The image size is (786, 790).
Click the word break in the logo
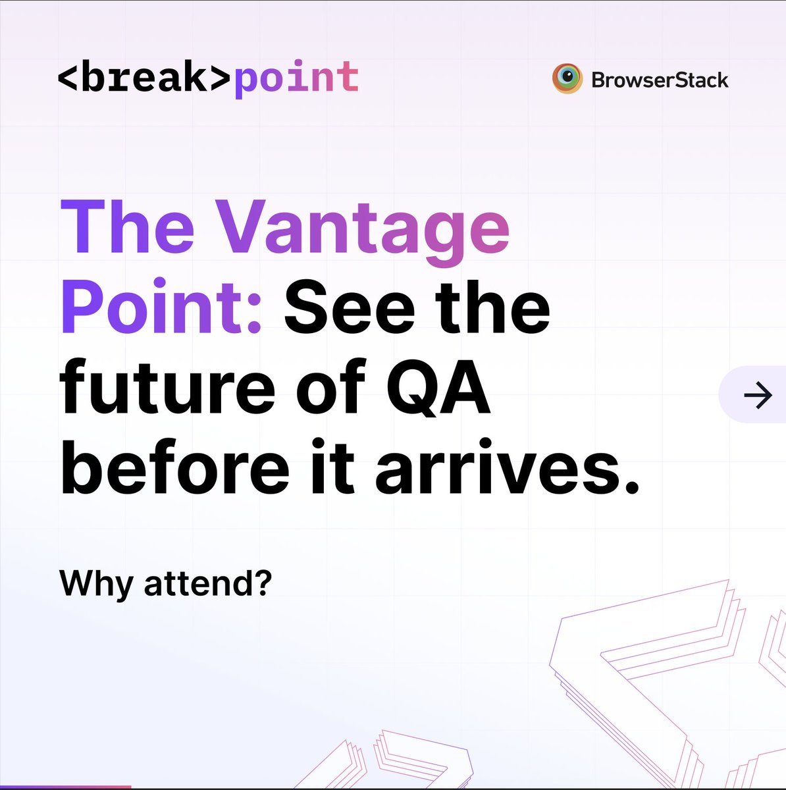coord(144,78)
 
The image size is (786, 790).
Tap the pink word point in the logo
coord(296,79)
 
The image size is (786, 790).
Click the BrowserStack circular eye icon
coord(567,79)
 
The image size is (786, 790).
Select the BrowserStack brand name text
coord(660,80)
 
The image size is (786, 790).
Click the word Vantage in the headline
coord(363,229)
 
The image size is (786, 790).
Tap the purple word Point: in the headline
coord(162,308)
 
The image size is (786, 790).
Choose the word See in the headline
coord(350,308)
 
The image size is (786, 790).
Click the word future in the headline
coord(167,388)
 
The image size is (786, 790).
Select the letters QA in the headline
coord(438,388)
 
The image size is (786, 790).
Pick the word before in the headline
coord(175,467)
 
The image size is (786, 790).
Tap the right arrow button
coord(757,395)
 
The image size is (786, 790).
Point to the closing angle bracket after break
coord(220,78)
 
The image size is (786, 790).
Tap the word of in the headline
coord(331,388)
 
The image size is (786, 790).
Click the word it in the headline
coord(335,467)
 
